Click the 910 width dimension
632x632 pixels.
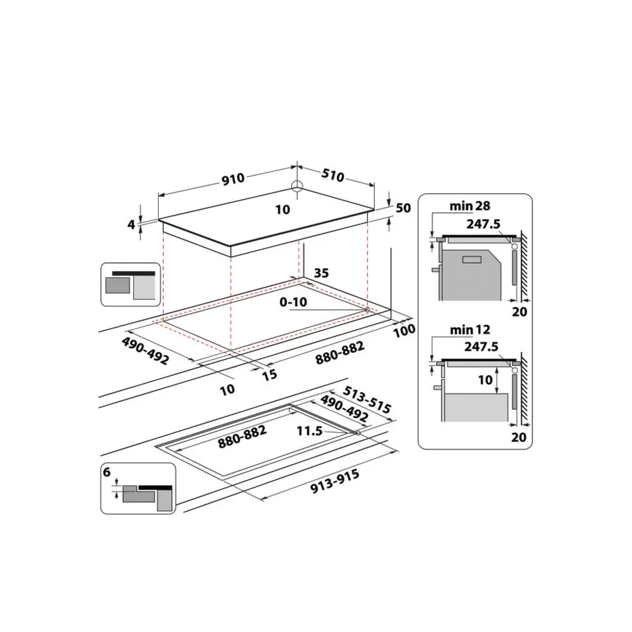point(233,179)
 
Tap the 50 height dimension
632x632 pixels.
point(403,208)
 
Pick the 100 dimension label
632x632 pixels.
point(404,331)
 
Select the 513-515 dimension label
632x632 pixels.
point(367,400)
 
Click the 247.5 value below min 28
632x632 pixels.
point(482,224)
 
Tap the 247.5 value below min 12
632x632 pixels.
point(482,347)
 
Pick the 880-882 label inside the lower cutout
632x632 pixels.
point(243,437)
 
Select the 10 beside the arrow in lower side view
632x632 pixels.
point(485,379)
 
